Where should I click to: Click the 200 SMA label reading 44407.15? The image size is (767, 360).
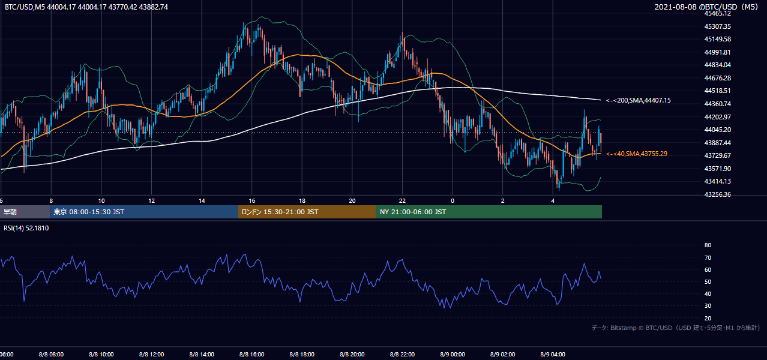(639, 100)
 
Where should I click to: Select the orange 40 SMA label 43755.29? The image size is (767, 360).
(637, 154)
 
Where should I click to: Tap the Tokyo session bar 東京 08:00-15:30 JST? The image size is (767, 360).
(144, 212)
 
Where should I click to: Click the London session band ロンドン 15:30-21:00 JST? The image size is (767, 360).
(307, 212)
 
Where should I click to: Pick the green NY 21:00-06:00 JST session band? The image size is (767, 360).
(489, 212)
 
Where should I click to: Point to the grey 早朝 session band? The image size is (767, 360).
(25, 212)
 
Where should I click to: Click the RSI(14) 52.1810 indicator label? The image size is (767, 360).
(26, 228)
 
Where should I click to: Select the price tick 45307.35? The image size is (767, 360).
(718, 26)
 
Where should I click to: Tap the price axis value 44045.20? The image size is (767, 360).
(718, 130)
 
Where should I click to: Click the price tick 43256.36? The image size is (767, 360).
(718, 194)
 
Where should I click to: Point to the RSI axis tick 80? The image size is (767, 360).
(708, 245)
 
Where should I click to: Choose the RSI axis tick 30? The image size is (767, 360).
(708, 305)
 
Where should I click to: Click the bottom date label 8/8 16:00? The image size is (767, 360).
(251, 354)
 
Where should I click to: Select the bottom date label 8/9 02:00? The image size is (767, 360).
(503, 354)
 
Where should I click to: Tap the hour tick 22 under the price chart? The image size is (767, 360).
(402, 201)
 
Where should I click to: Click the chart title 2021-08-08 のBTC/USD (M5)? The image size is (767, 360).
(706, 7)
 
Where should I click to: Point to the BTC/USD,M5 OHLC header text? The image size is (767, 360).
(86, 7)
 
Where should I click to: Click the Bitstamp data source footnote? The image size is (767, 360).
(676, 328)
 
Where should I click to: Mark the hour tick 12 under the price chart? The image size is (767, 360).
(151, 201)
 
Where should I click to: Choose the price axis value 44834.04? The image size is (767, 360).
(718, 65)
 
